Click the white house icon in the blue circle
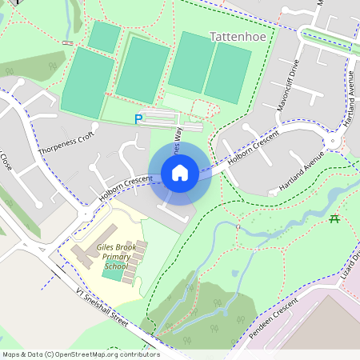180,172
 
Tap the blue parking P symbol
138,119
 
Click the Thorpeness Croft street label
66,141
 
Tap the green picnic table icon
334,218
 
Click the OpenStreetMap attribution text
80,354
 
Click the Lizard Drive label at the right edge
353,265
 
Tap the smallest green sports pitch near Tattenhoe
104,37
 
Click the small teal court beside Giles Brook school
113,272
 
